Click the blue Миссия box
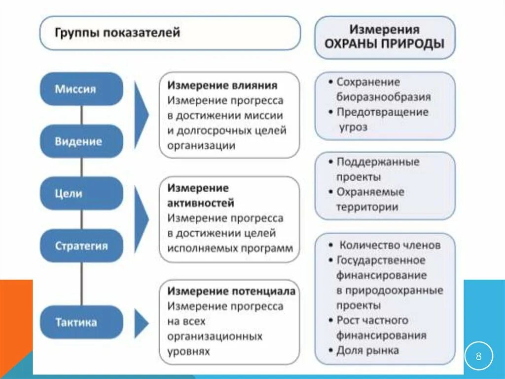(x=81, y=89)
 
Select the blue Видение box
(x=81, y=141)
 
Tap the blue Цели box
(x=81, y=193)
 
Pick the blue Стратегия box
(x=81, y=246)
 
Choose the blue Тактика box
(x=81, y=322)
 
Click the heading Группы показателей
(x=117, y=33)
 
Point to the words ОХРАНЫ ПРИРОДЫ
(x=384, y=43)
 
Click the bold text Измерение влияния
(x=222, y=85)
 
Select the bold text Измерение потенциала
(x=231, y=291)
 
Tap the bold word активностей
(x=201, y=203)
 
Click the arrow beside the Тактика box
(x=141, y=324)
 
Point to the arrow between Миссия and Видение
(x=141, y=115)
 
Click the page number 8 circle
(x=478, y=355)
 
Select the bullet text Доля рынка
(x=367, y=350)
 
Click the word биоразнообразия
(x=384, y=97)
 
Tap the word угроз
(x=353, y=127)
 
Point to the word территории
(x=367, y=207)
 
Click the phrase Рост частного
(x=372, y=320)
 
